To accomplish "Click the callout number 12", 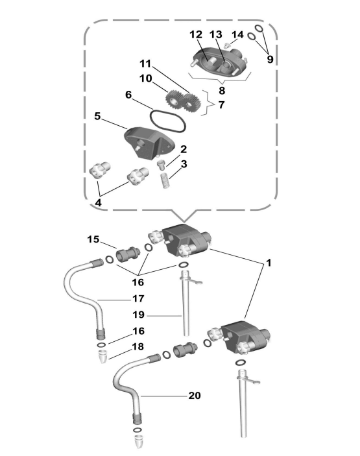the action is click(x=196, y=34).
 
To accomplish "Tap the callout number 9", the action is click(x=270, y=59).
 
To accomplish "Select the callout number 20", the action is click(x=195, y=396).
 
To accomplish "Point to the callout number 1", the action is click(x=269, y=263).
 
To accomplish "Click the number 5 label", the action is click(x=97, y=116).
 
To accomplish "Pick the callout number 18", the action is click(x=138, y=346).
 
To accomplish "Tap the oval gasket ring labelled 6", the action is click(x=168, y=121).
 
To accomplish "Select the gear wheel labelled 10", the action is click(x=174, y=99).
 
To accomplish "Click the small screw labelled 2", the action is click(x=161, y=164).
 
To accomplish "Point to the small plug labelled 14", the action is click(x=228, y=45).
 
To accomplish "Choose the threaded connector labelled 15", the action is click(x=128, y=254).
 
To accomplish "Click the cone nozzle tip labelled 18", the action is click(x=101, y=357).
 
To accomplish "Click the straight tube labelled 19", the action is click(x=186, y=306).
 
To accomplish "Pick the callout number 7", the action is click(x=222, y=104).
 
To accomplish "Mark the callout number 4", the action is click(x=99, y=202).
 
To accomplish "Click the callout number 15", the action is click(x=93, y=239).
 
